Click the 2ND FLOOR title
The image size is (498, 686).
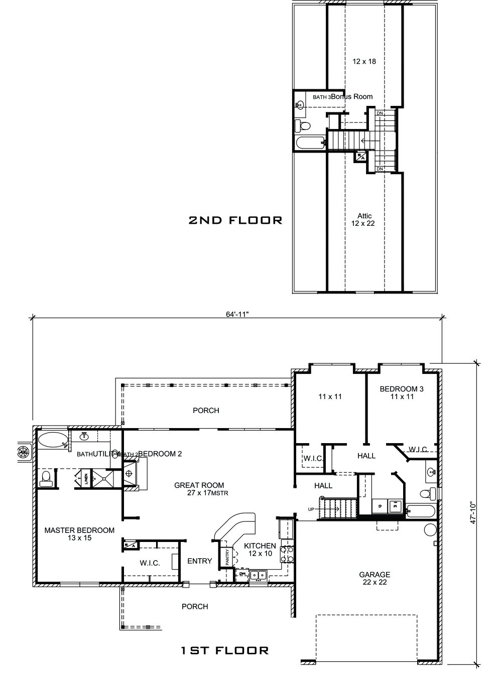click(x=235, y=220)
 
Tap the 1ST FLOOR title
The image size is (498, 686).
click(x=224, y=650)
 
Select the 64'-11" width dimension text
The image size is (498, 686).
click(x=237, y=314)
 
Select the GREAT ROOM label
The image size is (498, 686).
click(x=199, y=485)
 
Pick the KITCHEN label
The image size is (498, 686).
click(x=260, y=546)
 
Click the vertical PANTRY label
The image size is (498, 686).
click(x=227, y=558)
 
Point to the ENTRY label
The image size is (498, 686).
click(x=199, y=561)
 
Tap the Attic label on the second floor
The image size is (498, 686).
click(x=364, y=216)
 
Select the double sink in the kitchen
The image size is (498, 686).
click(x=259, y=575)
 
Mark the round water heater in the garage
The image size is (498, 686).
click(x=429, y=529)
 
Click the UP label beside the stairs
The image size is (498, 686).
click(x=311, y=509)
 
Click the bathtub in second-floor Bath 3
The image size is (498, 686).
click(x=310, y=143)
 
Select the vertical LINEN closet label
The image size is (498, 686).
click(x=86, y=479)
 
